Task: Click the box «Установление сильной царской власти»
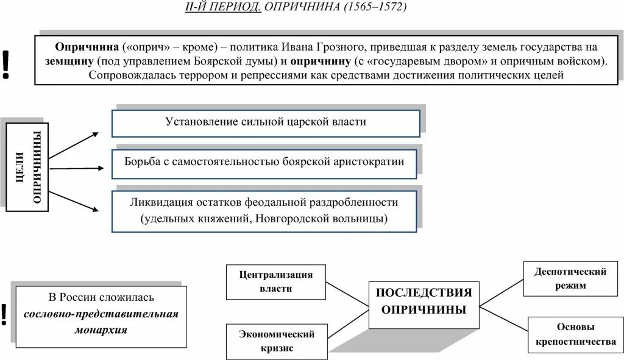pyautogui.click(x=266, y=122)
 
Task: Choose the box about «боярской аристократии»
pyautogui.click(x=266, y=163)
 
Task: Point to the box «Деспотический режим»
pyautogui.click(x=570, y=278)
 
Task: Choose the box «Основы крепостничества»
pyautogui.click(x=572, y=335)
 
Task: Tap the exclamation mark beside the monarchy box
pyautogui.click(x=4, y=314)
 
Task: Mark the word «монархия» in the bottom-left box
pyautogui.click(x=101, y=329)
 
